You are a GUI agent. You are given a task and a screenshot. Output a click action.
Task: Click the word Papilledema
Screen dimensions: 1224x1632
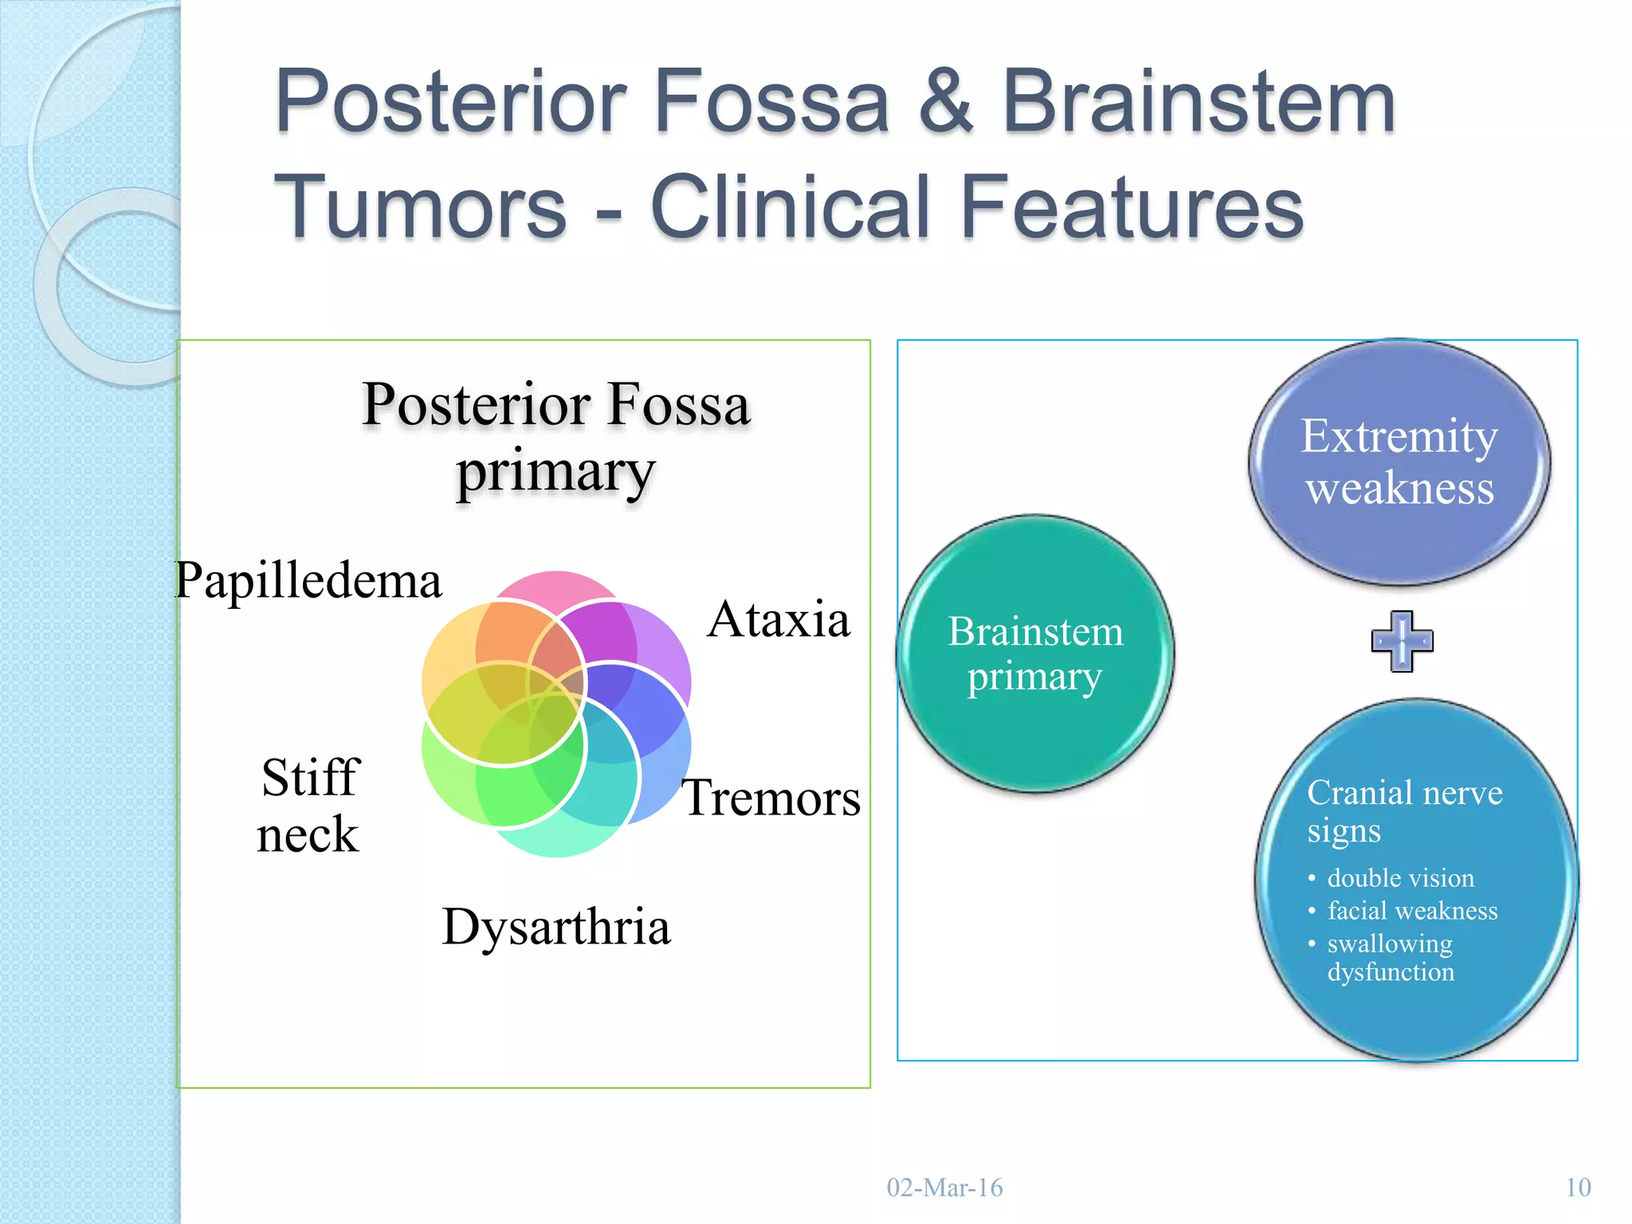pos(308,581)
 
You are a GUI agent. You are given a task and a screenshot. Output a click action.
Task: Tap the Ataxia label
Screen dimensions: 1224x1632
pos(778,619)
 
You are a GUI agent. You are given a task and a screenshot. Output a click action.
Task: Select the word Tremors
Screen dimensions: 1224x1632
pos(771,798)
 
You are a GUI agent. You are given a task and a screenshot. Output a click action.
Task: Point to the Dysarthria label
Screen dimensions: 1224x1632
pos(556,927)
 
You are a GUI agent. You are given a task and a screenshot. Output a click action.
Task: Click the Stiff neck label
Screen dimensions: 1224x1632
pos(309,806)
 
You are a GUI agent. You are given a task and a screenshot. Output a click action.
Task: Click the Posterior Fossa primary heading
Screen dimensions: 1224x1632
pos(556,437)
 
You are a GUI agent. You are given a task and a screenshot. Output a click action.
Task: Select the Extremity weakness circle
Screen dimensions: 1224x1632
pos(1399,462)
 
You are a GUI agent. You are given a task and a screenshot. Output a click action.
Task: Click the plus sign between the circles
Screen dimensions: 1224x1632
pos(1402,641)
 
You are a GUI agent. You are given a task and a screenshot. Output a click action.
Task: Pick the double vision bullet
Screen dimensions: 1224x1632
pos(1400,878)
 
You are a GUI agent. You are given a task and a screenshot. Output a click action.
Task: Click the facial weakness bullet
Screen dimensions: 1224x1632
pos(1412,911)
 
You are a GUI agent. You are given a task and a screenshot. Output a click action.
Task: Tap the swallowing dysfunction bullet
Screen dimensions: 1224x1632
pos(1390,957)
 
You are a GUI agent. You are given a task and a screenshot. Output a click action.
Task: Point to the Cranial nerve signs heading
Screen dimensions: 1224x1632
pos(1404,810)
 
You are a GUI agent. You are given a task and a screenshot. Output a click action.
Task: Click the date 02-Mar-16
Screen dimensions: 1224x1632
pos(944,1187)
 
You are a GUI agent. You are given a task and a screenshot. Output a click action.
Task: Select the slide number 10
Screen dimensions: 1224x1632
pos(1578,1187)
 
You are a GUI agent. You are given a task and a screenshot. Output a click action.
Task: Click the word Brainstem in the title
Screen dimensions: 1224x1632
pos(1198,102)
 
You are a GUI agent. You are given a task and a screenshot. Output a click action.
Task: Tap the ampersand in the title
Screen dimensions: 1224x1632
pos(945,102)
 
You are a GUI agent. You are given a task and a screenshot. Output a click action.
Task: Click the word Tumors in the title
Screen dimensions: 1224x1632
pos(420,207)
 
